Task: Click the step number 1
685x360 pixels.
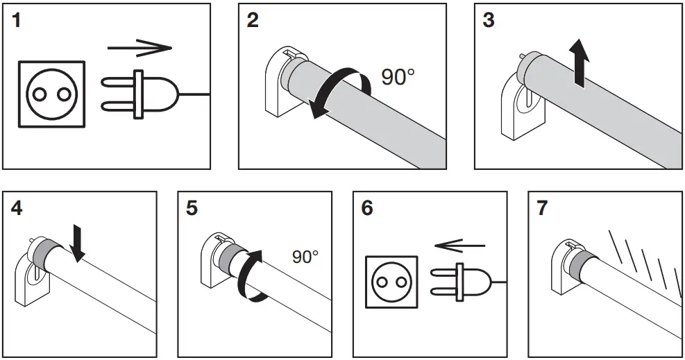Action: (17, 20)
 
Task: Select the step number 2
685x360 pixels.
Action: (253, 20)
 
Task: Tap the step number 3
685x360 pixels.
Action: (489, 20)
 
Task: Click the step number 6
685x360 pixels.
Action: (368, 208)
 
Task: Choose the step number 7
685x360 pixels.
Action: (543, 208)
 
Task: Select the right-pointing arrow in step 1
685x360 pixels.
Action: (139, 48)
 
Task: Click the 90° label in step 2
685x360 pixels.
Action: (398, 77)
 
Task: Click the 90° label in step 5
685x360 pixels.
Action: (305, 257)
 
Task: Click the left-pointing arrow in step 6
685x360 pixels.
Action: (459, 244)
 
